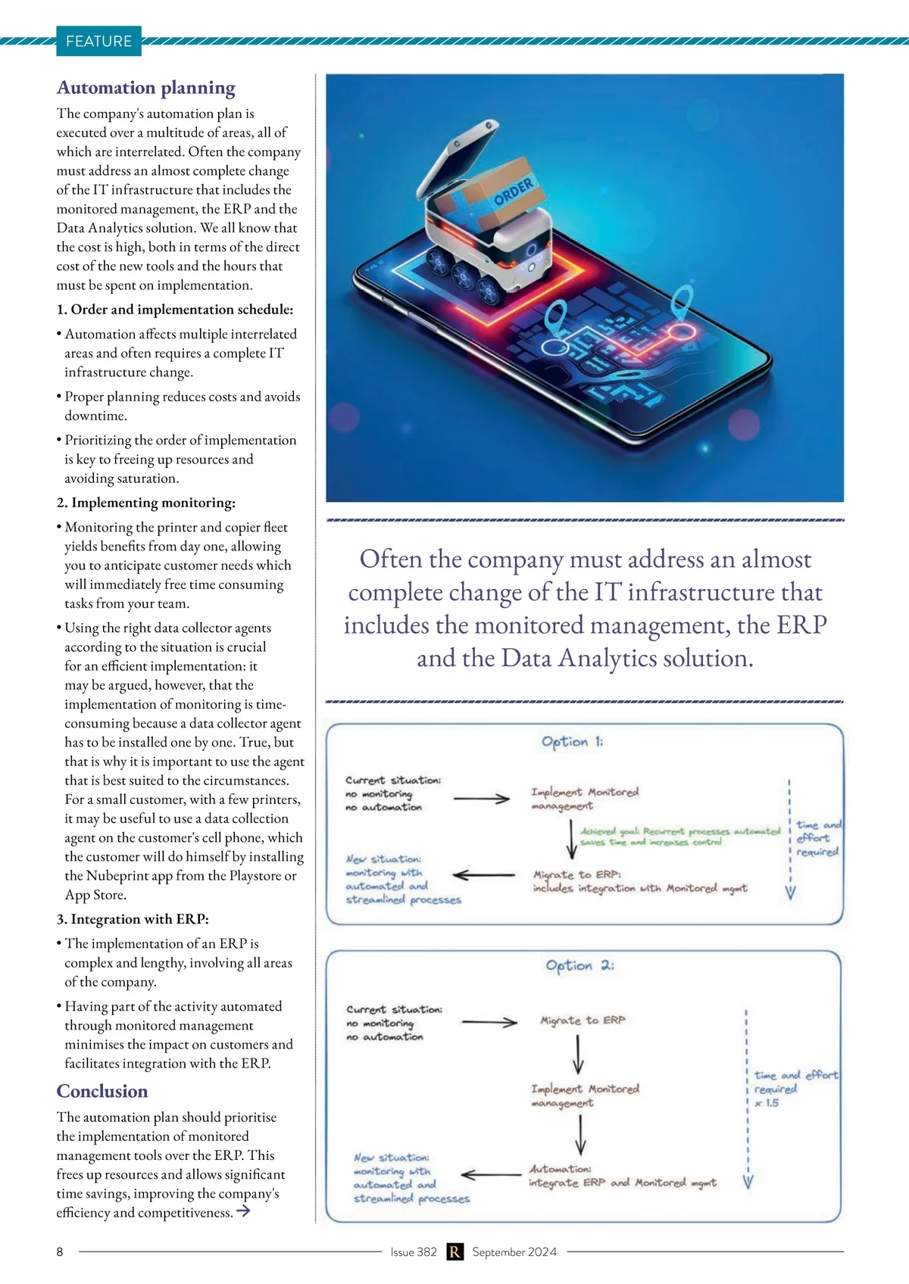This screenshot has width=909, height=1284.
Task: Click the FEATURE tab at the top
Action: (98, 42)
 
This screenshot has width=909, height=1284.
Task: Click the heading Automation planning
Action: (146, 88)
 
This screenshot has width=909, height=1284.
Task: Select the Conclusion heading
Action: (102, 1091)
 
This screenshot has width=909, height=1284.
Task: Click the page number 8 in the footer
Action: (60, 1251)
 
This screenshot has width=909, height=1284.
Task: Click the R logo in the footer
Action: (454, 1251)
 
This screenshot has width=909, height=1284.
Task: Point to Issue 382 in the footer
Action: (414, 1251)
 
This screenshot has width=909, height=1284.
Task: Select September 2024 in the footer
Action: (514, 1251)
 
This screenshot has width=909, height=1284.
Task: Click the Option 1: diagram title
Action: (572, 742)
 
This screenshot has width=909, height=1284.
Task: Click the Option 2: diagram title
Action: (579, 965)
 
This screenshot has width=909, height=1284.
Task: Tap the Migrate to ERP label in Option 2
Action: (583, 1021)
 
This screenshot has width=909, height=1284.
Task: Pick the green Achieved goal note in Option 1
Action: (679, 836)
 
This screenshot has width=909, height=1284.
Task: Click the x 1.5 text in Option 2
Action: (767, 1103)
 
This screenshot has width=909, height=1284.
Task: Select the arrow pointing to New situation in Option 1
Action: (483, 875)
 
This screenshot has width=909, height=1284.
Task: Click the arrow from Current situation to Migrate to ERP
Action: (489, 1022)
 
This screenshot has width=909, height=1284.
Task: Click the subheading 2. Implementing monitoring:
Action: (146, 503)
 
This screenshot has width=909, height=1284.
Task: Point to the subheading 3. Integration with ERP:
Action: (133, 919)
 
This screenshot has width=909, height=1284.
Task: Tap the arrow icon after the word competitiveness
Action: (243, 1211)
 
